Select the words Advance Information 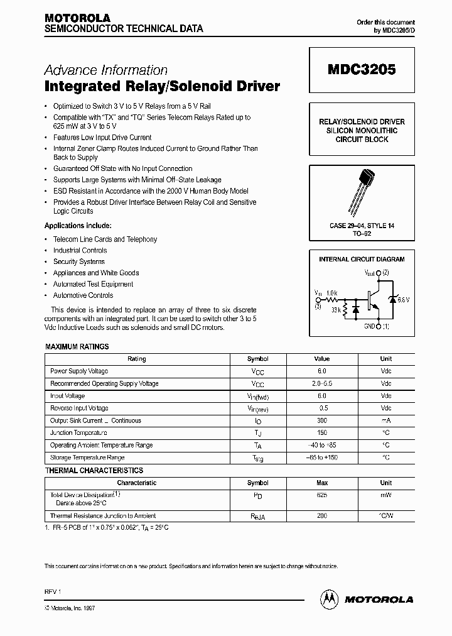coord(106,70)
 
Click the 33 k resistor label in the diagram coord(335,310)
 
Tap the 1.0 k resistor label coord(331,293)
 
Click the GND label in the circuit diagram coord(369,326)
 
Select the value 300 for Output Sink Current coord(321,420)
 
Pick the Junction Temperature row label coord(78,433)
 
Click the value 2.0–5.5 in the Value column coord(321,383)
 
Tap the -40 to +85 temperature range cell coord(321,445)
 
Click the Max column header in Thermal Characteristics coord(321,483)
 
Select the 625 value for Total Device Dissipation coord(321,495)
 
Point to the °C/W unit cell coord(385,515)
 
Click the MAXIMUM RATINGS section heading coord(77,346)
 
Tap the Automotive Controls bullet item coord(83,295)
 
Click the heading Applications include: coord(78,226)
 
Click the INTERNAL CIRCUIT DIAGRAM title coord(362,259)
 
